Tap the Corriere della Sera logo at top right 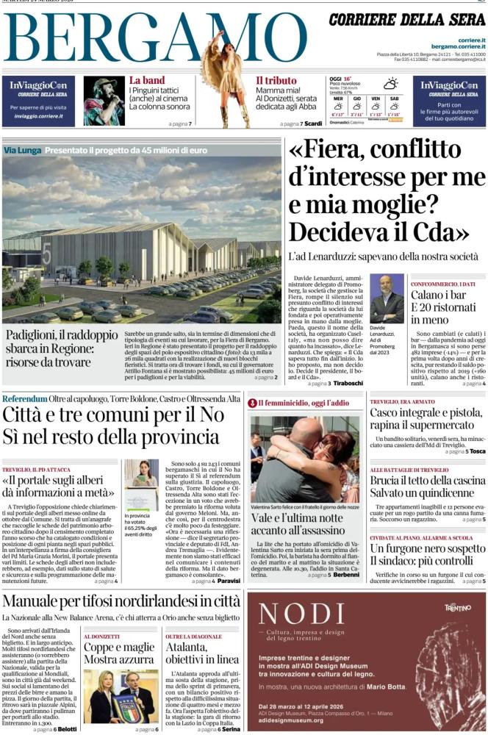[407, 21]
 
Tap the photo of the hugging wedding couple [305, 459]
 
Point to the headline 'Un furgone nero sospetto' [427, 549]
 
